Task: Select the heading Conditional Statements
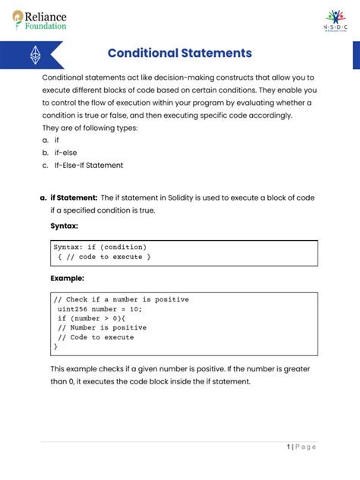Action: tap(179, 54)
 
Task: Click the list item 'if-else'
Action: tap(65, 152)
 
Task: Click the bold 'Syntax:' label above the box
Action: tap(64, 226)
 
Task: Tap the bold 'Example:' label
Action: tap(67, 279)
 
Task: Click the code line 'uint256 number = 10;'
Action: tap(99, 309)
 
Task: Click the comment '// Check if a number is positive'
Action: tap(121, 299)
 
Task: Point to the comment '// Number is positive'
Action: tap(98, 327)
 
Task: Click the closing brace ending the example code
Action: tap(55, 346)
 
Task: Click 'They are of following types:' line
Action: tap(90, 128)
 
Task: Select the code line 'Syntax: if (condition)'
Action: tap(99, 247)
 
